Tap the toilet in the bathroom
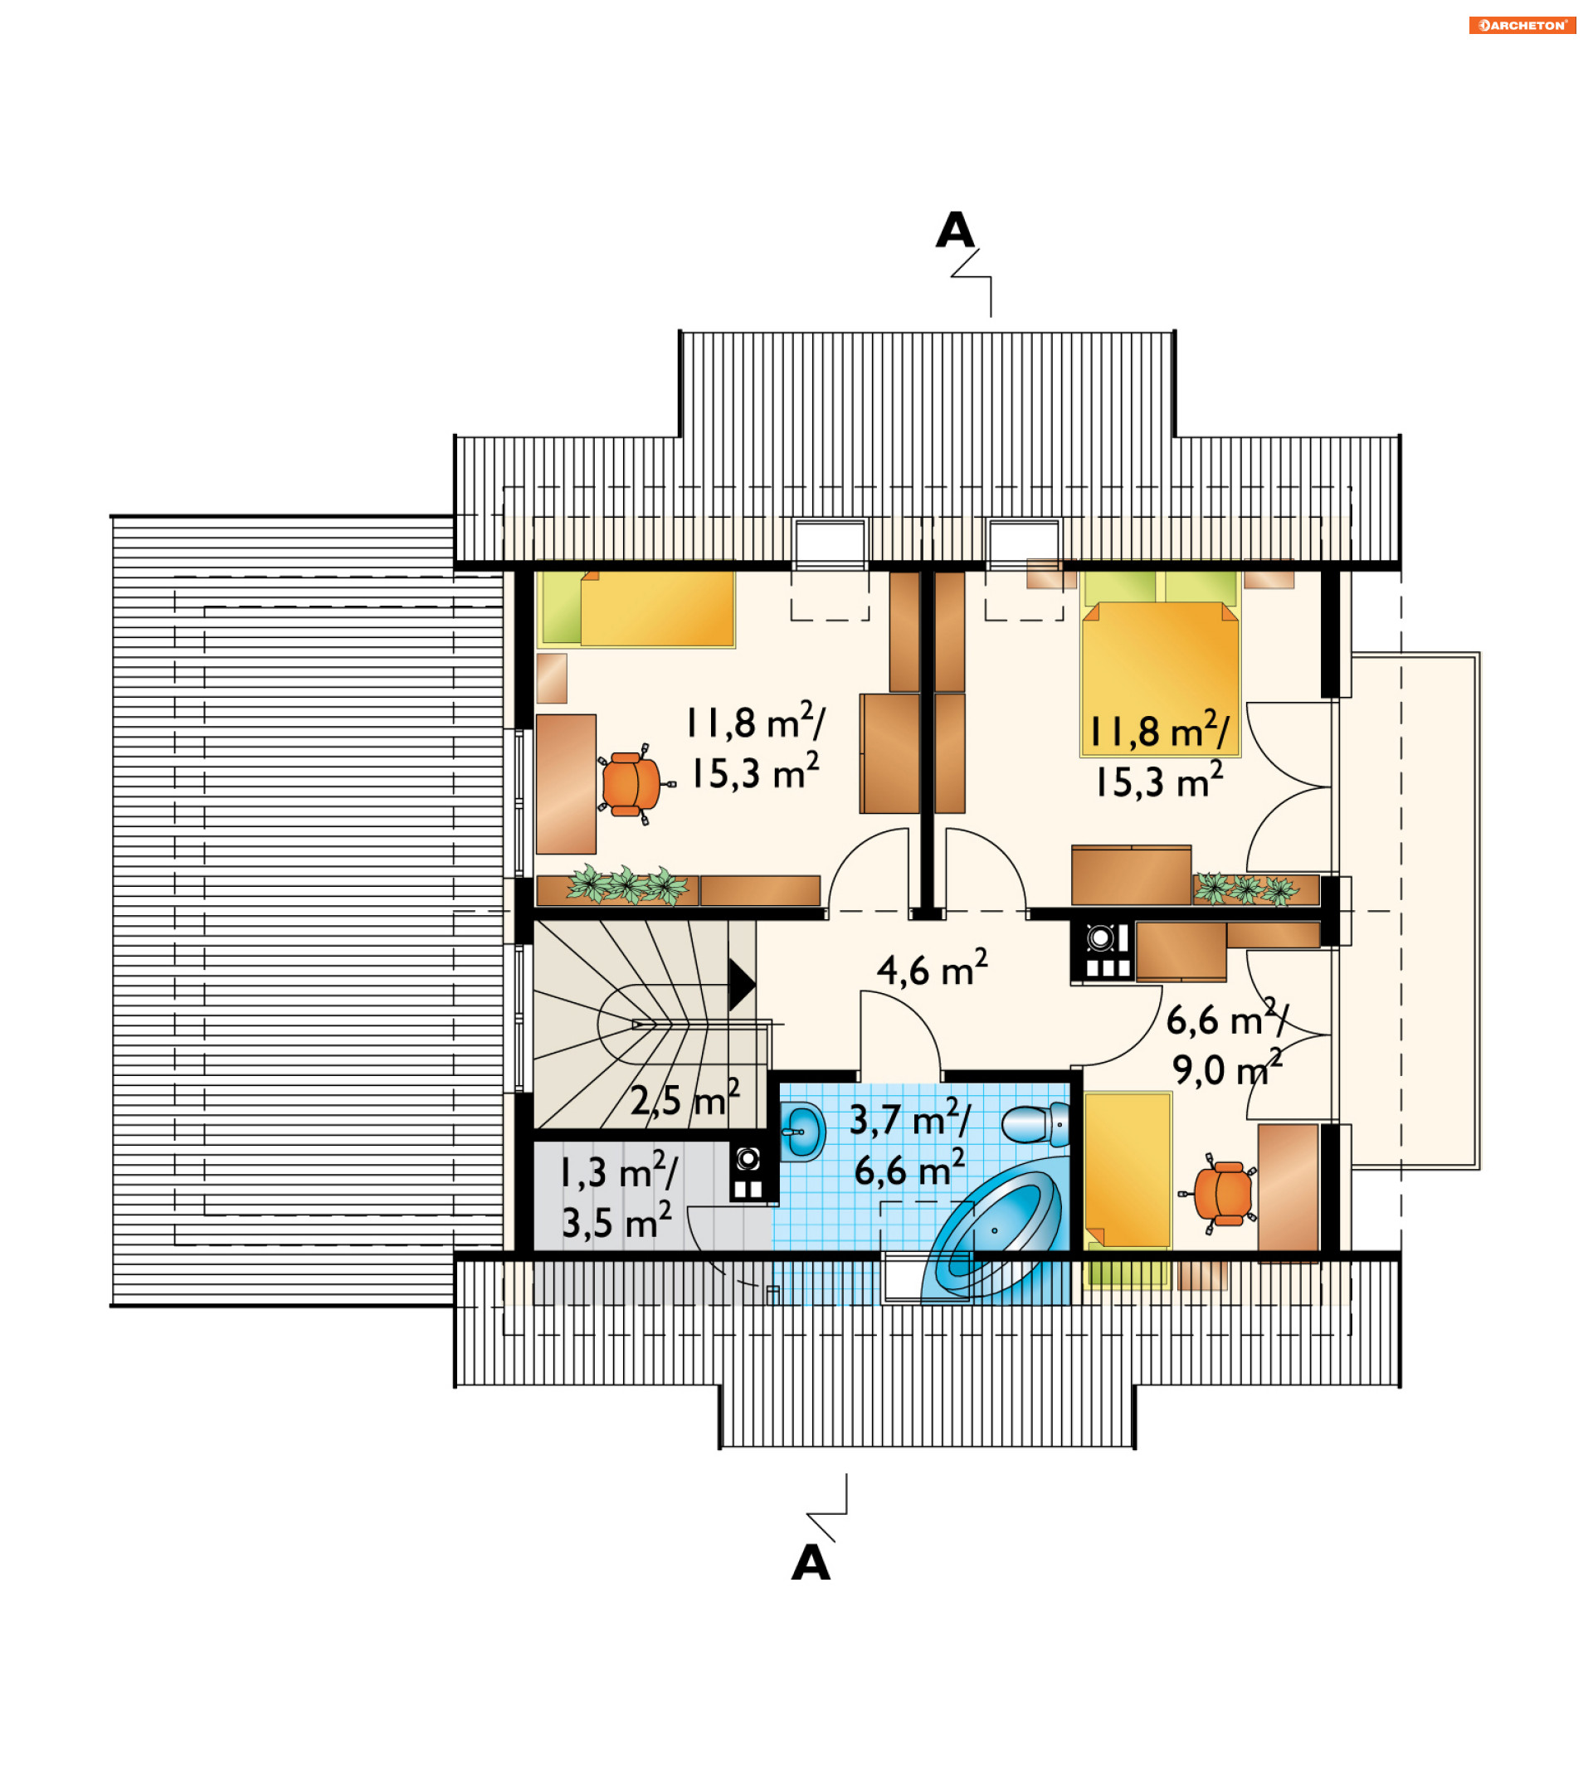[1035, 1125]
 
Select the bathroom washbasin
[802, 1131]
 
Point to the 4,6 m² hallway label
[932, 969]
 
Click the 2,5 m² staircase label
[684, 1099]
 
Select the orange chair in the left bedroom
[631, 784]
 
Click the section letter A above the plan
[955, 231]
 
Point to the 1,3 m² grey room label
[618, 1172]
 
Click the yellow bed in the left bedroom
[636, 609]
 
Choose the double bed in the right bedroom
[1160, 664]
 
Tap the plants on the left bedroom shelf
[627, 884]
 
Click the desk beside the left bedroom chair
[567, 784]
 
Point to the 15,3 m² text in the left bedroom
[755, 772]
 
